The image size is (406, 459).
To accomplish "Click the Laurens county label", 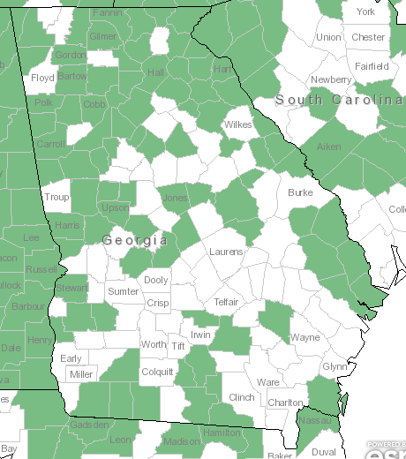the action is [x=226, y=252].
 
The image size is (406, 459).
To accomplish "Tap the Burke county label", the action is [x=300, y=192].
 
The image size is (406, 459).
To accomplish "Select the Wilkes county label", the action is [x=237, y=124].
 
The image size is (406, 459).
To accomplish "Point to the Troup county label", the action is [x=56, y=197].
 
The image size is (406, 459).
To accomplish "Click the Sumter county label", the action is [x=123, y=291].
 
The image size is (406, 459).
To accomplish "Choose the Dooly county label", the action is [x=155, y=280].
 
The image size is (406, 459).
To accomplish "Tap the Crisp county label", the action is [x=158, y=302].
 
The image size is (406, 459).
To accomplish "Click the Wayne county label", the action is [x=305, y=337].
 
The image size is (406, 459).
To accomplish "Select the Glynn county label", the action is [x=335, y=366].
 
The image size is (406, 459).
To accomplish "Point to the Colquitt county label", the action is [x=158, y=372].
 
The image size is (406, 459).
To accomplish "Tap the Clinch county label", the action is [x=241, y=397].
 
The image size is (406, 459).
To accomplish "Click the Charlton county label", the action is [x=285, y=403].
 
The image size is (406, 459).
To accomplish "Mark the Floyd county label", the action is [x=43, y=78].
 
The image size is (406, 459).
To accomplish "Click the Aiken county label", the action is [x=328, y=147].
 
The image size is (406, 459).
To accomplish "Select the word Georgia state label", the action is [x=135, y=240].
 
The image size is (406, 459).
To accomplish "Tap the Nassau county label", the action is [x=318, y=421].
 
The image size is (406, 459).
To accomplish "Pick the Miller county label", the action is [x=80, y=374].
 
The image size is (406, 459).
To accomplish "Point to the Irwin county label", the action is [x=201, y=335].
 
